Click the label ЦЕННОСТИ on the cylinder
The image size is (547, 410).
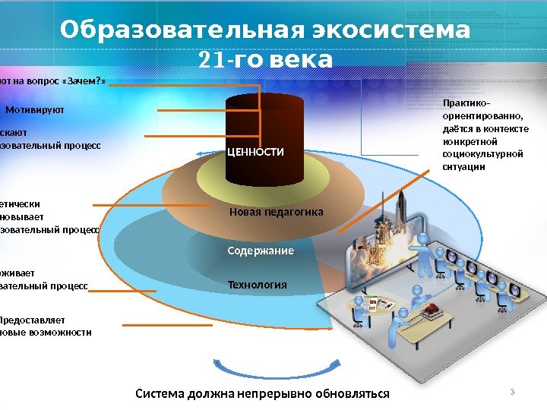255,153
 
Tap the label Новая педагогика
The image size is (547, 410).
277,212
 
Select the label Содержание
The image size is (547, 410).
261,251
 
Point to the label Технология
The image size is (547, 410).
258,285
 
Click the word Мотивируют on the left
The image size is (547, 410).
35,110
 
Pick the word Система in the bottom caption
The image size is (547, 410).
160,393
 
